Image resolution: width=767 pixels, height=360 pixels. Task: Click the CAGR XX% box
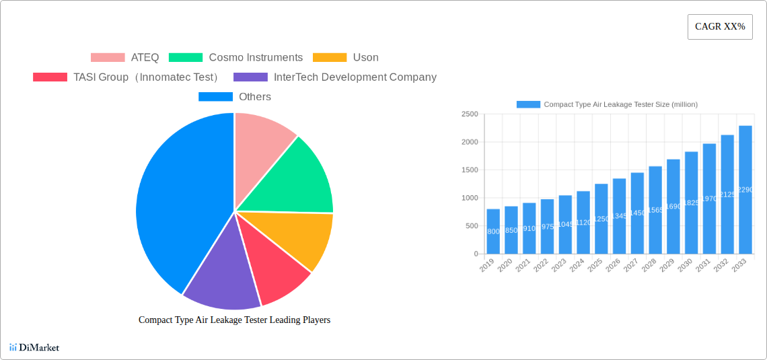[x=719, y=27]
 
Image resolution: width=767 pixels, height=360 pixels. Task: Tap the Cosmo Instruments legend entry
[x=235, y=58]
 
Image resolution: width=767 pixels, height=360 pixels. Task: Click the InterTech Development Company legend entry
[x=335, y=77]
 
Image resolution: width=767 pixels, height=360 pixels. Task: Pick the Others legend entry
[x=235, y=97]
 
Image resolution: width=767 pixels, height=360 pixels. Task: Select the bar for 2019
[x=493, y=231]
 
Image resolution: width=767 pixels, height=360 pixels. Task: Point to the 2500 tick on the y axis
[x=470, y=114]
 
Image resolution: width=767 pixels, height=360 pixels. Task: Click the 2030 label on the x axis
[x=684, y=266]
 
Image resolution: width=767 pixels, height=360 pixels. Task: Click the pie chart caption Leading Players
[x=234, y=320]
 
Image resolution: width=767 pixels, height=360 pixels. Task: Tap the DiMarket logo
[x=34, y=347]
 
